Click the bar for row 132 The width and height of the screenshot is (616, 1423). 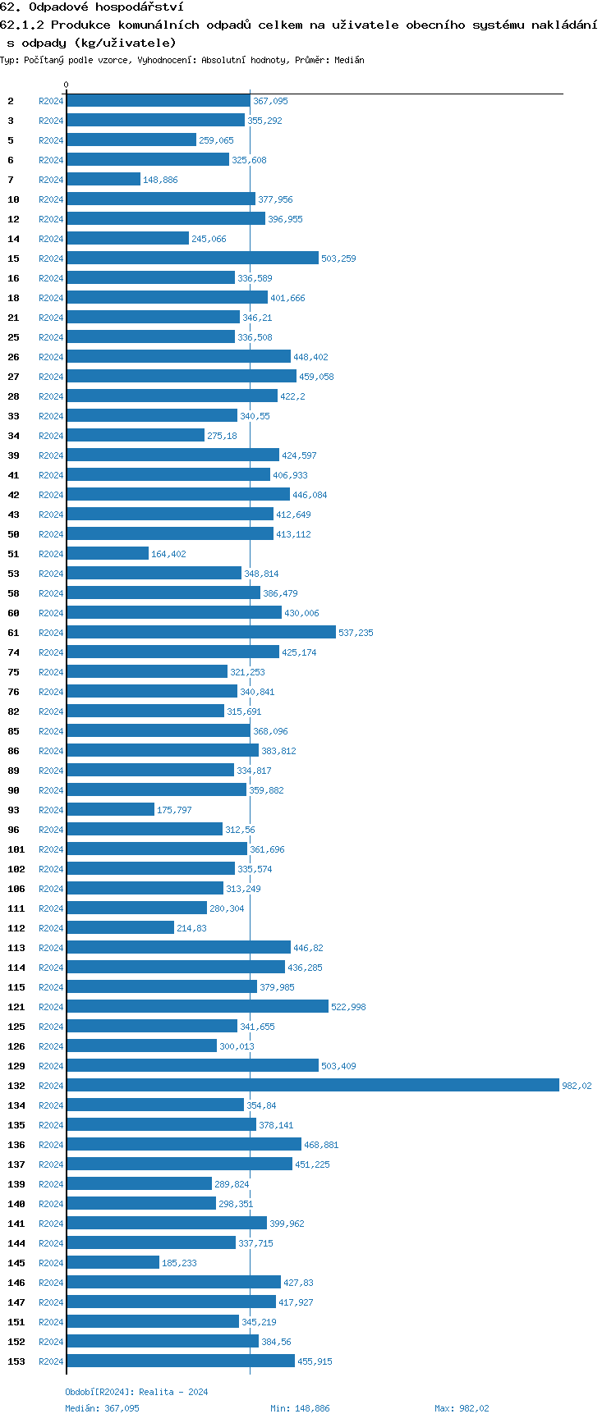pyautogui.click(x=312, y=1085)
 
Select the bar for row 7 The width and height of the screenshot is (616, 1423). pyautogui.click(x=103, y=179)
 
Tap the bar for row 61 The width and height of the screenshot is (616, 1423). pyautogui.click(x=201, y=632)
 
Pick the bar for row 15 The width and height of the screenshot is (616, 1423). pyautogui.click(x=192, y=258)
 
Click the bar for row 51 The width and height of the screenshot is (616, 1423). pyautogui.click(x=108, y=553)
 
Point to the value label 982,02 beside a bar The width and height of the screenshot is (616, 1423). pyautogui.click(x=577, y=1086)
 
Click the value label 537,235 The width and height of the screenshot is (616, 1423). pyautogui.click(x=356, y=633)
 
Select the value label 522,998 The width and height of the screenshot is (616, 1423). pyautogui.click(x=348, y=1007)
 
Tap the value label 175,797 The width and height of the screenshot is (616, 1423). pyautogui.click(x=174, y=810)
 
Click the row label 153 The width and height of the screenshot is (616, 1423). pyautogui.click(x=16, y=1361)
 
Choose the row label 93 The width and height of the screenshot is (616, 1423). pyautogui.click(x=14, y=810)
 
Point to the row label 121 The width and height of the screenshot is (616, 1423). pyautogui.click(x=16, y=1007)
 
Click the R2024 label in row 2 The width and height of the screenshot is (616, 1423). pyautogui.click(x=51, y=101)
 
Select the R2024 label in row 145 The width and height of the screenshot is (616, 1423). pyautogui.click(x=51, y=1263)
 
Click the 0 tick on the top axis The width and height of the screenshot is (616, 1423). pyautogui.click(x=67, y=85)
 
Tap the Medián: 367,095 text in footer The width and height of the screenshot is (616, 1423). pyautogui.click(x=102, y=1408)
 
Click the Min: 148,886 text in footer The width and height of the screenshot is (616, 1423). pyautogui.click(x=300, y=1408)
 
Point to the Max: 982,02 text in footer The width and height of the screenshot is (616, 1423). pyautogui.click(x=462, y=1408)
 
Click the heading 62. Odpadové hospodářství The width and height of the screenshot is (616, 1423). pyautogui.click(x=91, y=7)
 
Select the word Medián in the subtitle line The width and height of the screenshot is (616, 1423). pyautogui.click(x=350, y=60)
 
